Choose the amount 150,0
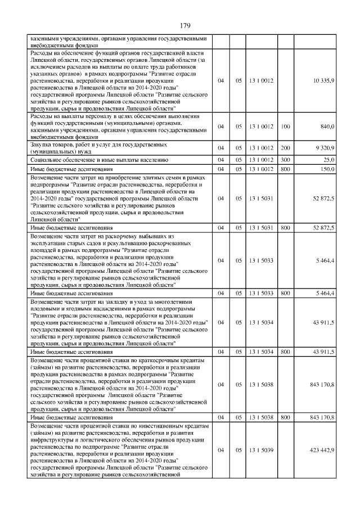pyautogui.click(x=327, y=169)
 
